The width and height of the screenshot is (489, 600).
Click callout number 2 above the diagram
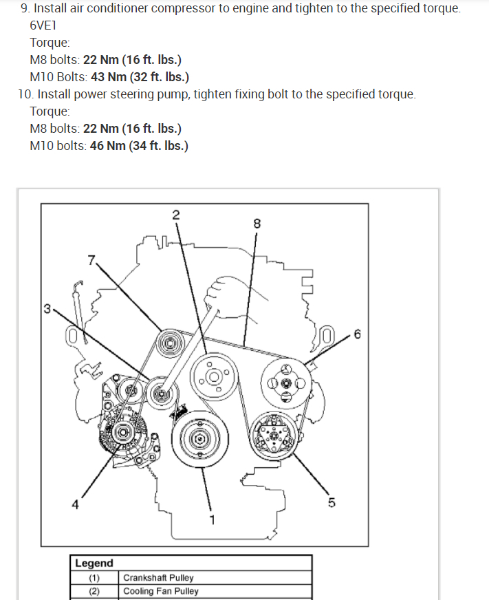tap(175, 214)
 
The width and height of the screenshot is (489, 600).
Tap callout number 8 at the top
tap(257, 224)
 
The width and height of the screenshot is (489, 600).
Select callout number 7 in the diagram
tap(91, 259)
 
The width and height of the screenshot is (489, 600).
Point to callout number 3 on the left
tap(46, 309)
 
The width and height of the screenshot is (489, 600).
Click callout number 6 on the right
tap(356, 335)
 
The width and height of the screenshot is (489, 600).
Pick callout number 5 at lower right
tap(332, 503)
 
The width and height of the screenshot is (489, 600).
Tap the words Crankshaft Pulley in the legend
tap(158, 578)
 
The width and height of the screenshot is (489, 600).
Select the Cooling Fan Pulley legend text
tap(161, 591)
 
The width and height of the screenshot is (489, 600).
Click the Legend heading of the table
tap(94, 564)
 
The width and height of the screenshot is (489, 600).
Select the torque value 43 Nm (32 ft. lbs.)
tap(140, 76)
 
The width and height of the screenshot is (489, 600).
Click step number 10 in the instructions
tap(25, 94)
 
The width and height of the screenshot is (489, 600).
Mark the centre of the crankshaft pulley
tap(199, 438)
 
